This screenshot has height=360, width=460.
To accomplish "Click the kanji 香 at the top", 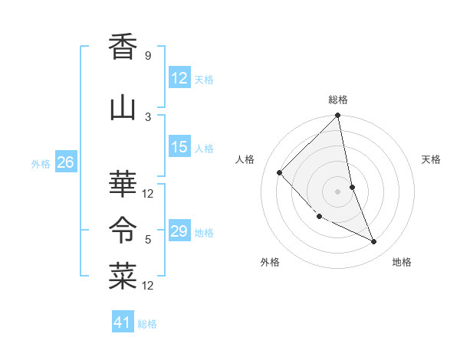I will point(123,47).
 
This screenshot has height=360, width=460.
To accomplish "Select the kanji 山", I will point(123,108).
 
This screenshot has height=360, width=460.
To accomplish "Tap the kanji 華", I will point(123,185).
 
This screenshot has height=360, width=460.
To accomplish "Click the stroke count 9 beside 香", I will point(147,56).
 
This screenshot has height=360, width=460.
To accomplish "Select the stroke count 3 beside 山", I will point(147,116).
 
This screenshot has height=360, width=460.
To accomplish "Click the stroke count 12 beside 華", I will point(148,193).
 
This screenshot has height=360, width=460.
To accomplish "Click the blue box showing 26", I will point(65,162).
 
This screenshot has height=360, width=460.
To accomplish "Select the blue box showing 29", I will point(179,231).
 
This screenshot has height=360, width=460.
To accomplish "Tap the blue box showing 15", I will point(179,147).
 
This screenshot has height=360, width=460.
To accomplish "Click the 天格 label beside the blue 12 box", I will point(204,80).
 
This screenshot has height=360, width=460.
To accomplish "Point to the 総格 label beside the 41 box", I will point(147,324).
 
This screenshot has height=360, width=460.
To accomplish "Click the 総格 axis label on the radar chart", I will point(338,100).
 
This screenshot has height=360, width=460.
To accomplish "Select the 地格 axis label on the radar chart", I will point(402,262).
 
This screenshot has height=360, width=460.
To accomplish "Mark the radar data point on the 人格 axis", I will point(280,172).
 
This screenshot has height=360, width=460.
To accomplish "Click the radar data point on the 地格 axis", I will point(374,241).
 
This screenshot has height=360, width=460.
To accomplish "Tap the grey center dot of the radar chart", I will point(338,191).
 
